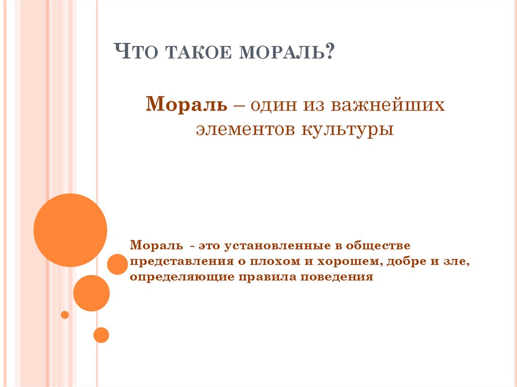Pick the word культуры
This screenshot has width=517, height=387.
coord(348,130)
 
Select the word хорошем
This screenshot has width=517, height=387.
coord(340,262)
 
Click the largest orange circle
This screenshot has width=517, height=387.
coord(70,230)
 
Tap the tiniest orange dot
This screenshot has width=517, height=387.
coord(65,315)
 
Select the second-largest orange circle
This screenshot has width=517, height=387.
coord(91,293)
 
